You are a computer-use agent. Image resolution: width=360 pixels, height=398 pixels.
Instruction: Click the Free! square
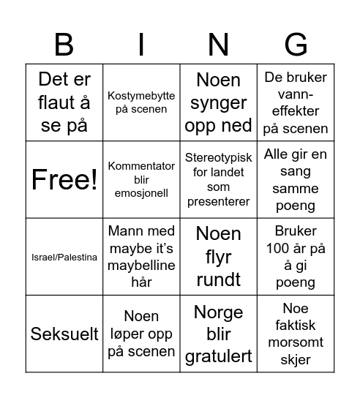pos(64,180)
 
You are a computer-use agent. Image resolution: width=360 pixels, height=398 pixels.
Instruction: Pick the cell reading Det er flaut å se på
pos(64,103)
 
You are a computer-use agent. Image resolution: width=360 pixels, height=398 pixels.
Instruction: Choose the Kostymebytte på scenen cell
pos(141,103)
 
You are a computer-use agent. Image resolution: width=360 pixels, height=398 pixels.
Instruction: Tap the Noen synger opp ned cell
pos(218,103)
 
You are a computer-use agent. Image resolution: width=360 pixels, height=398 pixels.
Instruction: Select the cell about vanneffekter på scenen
pos(296,103)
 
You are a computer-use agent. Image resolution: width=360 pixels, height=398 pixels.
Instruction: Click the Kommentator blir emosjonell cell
pos(141,180)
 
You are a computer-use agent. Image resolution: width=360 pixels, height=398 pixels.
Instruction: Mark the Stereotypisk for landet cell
pos(218,180)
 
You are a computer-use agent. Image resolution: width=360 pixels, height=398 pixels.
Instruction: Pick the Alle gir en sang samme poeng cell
pos(296,180)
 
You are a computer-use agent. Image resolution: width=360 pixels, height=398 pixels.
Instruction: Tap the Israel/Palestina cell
pos(64,257)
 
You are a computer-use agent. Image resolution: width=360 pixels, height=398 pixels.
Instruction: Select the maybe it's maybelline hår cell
pos(141,257)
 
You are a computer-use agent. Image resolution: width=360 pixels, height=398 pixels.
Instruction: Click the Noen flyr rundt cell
pos(218,257)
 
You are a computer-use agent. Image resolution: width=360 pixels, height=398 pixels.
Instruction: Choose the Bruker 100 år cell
pos(296,257)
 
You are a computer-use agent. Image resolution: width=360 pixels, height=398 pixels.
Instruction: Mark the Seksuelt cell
pos(64,334)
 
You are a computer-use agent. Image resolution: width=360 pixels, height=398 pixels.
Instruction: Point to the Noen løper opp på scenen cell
pos(141,334)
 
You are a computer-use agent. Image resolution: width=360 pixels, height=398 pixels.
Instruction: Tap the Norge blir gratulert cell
pos(218,334)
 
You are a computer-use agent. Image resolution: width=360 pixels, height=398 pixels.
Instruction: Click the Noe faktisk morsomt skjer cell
pos(296,334)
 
